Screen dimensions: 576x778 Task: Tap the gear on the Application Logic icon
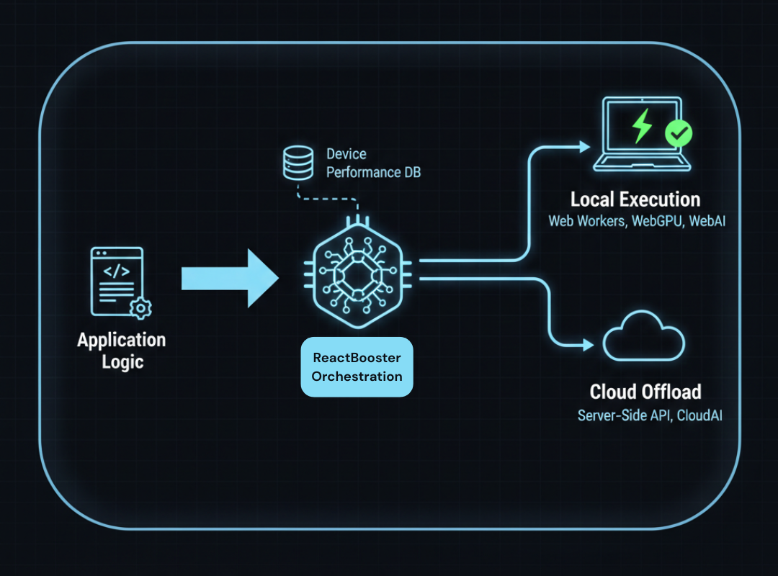(140, 308)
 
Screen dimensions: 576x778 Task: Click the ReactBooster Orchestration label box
(357, 367)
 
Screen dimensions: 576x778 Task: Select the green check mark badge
(678, 132)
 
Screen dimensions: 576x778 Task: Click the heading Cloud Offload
(645, 392)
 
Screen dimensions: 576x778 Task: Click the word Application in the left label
(122, 340)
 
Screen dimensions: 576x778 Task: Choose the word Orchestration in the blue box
(357, 376)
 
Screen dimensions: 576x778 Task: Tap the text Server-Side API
(622, 415)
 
